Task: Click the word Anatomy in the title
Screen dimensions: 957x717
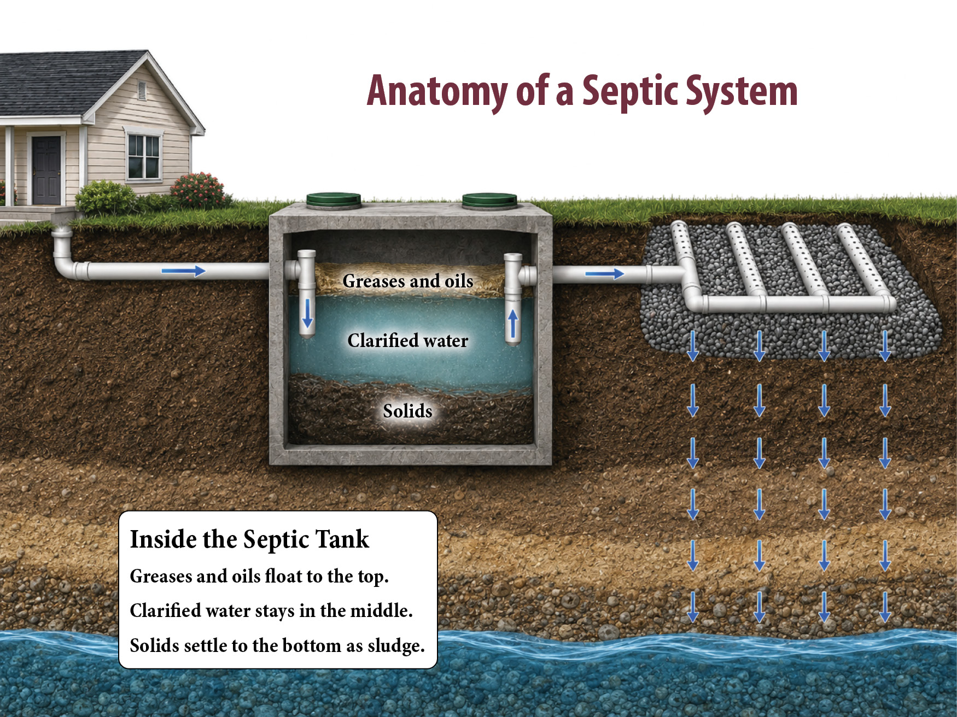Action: coord(437,91)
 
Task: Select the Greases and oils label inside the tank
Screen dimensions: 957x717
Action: coord(408,281)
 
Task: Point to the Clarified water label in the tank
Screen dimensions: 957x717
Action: coord(408,340)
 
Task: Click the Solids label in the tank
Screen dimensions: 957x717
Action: coord(407,410)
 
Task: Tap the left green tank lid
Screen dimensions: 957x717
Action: coord(334,201)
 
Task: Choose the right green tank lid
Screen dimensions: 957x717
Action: coord(489,201)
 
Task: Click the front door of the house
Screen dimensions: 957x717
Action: coord(46,170)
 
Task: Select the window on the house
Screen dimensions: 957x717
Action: coord(143,156)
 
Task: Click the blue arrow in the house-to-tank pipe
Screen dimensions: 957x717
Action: coord(183,271)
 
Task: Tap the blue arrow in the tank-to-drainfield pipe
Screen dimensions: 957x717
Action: coord(605,273)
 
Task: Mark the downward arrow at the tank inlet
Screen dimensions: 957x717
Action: coord(307,313)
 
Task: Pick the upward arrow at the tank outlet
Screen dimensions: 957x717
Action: coord(513,324)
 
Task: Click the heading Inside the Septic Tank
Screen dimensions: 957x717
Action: coord(249,539)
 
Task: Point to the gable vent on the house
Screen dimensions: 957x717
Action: coord(142,91)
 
